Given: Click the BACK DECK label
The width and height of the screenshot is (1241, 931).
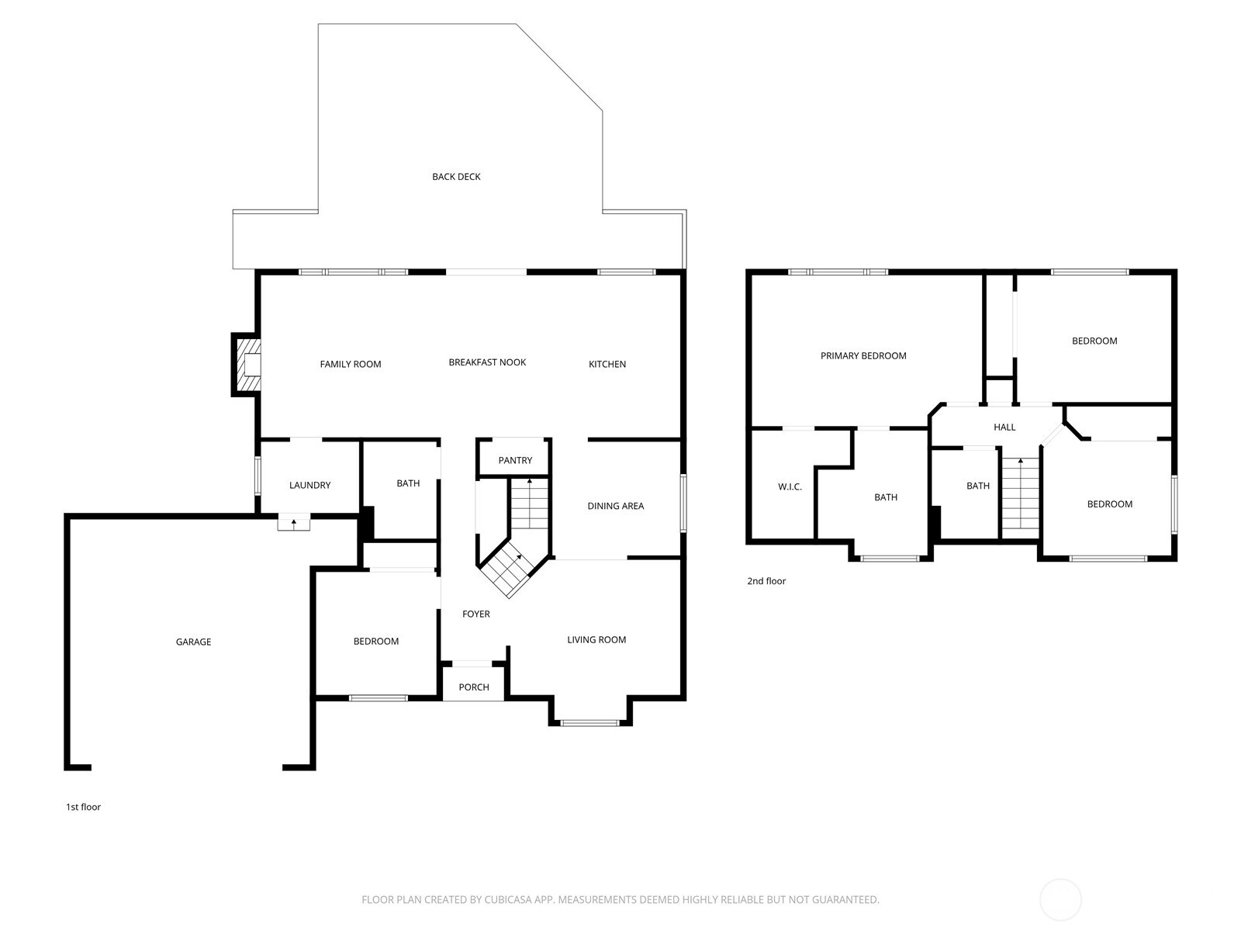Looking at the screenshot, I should pos(456,177).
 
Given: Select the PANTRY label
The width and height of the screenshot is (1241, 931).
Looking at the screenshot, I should pos(515,461).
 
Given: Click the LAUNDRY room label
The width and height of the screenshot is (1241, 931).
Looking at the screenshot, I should pos(309,486).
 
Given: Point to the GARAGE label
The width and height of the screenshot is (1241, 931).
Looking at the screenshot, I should pos(193,642).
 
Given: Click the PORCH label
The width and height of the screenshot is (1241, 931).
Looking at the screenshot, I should pos(474,687).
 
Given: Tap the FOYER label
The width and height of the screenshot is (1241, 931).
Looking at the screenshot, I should pos(475,614).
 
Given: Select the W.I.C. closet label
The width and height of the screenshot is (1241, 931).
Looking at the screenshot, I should pos(790,487).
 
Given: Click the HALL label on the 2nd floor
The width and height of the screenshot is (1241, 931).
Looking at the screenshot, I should pos(1004,427).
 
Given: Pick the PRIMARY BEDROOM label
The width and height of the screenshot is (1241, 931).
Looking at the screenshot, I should pos(863,356).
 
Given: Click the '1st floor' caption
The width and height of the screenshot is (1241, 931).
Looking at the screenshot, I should pos(83,808).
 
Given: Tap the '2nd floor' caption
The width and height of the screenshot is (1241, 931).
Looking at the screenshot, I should pos(766,581).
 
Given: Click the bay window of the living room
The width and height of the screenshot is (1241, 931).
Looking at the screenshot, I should pos(590,723).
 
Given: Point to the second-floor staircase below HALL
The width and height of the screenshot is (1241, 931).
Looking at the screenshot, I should pos(1020,497).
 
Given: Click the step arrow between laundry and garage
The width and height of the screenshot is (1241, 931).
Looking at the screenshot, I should pos(294,524).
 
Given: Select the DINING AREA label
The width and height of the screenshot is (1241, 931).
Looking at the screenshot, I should pos(615,507).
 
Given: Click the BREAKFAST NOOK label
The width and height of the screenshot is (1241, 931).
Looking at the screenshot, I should pos(487,362).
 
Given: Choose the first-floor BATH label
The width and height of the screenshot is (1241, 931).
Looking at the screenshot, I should pos(408,484).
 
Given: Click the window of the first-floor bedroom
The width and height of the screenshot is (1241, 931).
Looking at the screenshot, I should pos(378,698).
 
